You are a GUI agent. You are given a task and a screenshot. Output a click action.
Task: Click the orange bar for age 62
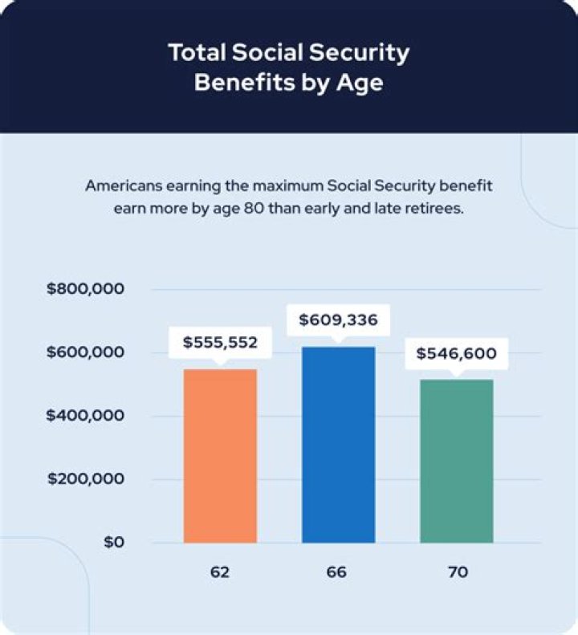221,455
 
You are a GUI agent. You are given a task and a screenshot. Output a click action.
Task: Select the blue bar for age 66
338,444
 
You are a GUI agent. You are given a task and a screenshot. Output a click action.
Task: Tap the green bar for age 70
456,461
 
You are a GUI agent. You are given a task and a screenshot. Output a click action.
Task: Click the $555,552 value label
221,343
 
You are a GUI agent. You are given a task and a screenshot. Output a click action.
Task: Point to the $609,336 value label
338,320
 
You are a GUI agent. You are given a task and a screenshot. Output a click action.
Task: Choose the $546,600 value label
456,353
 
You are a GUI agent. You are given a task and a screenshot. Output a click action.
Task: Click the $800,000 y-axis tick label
85,289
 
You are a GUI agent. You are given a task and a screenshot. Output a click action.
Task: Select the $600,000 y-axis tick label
85,352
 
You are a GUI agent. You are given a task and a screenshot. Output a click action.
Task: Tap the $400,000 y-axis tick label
85,416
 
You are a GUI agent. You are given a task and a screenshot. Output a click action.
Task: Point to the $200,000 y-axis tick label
85,479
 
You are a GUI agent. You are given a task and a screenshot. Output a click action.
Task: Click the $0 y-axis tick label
112,543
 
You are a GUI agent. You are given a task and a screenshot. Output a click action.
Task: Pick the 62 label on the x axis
221,572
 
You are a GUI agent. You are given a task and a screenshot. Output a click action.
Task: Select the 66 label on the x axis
338,572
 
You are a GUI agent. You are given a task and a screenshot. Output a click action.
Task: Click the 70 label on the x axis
456,572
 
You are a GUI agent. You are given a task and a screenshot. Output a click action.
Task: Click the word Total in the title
197,53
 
